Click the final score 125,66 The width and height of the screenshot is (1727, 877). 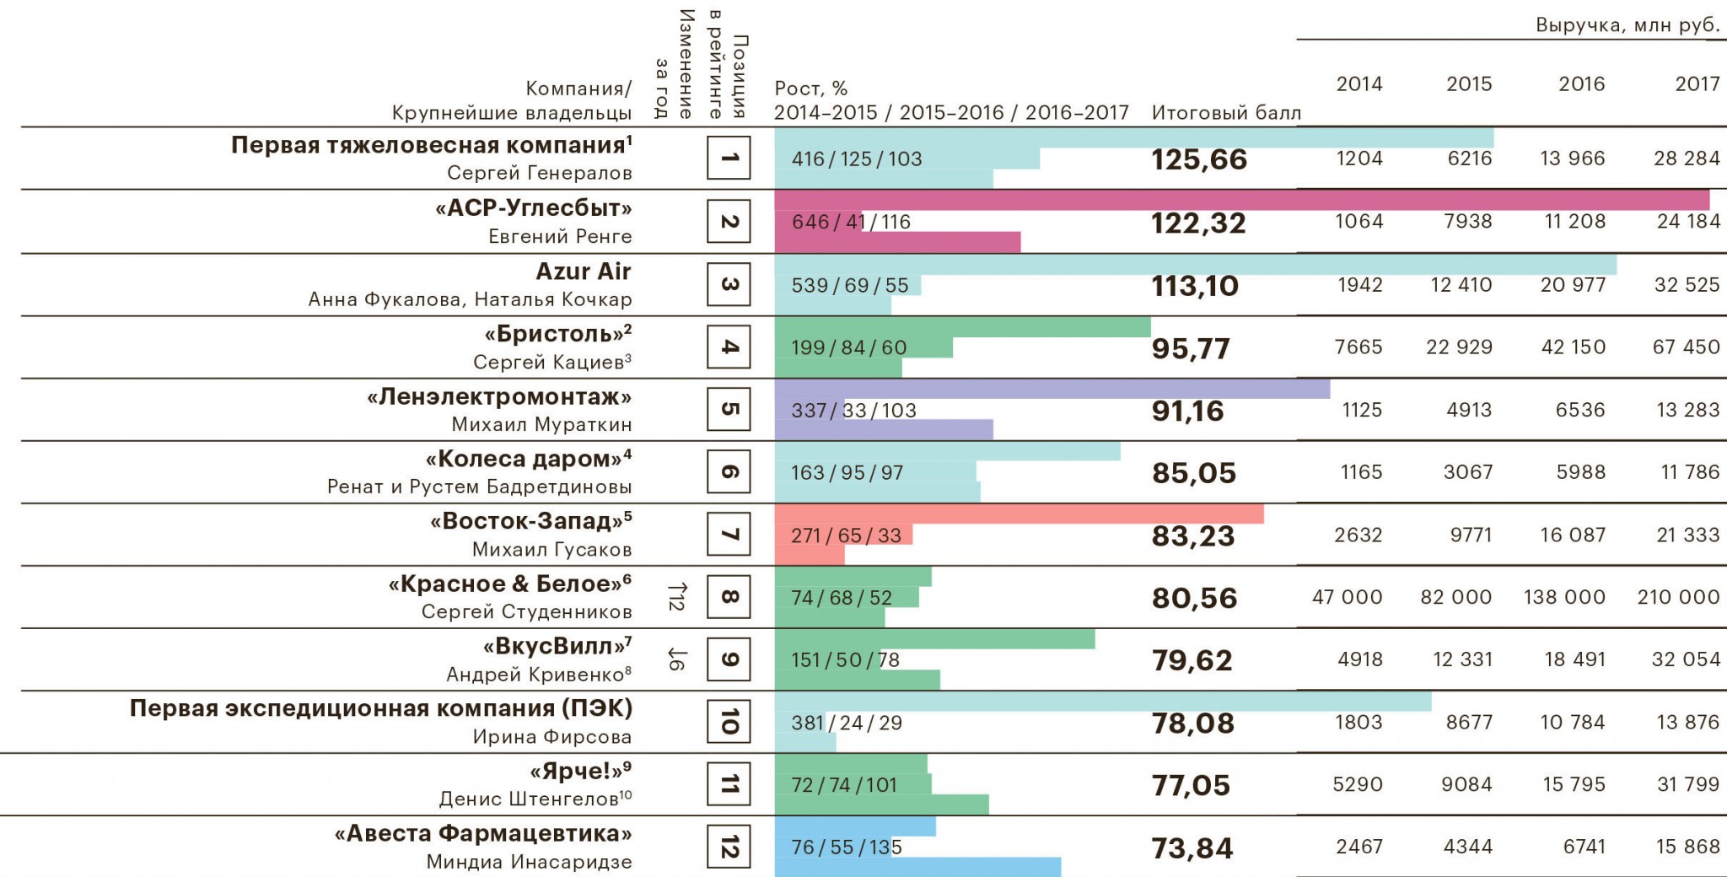click(1198, 159)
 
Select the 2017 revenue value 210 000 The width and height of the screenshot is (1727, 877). click(1678, 597)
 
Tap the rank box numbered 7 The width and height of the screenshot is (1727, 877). click(729, 535)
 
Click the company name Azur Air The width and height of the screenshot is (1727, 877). click(584, 272)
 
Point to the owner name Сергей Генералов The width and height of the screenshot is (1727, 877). click(539, 173)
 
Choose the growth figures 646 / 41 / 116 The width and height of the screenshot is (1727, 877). click(851, 222)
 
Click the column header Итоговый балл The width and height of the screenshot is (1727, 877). click(1226, 112)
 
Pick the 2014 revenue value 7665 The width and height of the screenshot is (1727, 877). click(1358, 347)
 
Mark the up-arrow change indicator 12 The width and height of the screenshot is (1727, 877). click(676, 596)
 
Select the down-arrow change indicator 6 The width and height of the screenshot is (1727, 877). click(676, 659)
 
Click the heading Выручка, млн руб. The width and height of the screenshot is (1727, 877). click(1627, 25)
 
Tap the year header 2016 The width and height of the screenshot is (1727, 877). click(1581, 83)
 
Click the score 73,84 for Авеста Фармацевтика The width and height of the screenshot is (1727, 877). click(1192, 847)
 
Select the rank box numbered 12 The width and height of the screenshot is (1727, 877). click(729, 847)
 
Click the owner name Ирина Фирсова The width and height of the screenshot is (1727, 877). click(551, 736)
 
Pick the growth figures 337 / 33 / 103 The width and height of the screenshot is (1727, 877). click(853, 411)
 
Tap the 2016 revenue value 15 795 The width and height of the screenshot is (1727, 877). click(1574, 784)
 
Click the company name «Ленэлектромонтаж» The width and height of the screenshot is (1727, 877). click(499, 396)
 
